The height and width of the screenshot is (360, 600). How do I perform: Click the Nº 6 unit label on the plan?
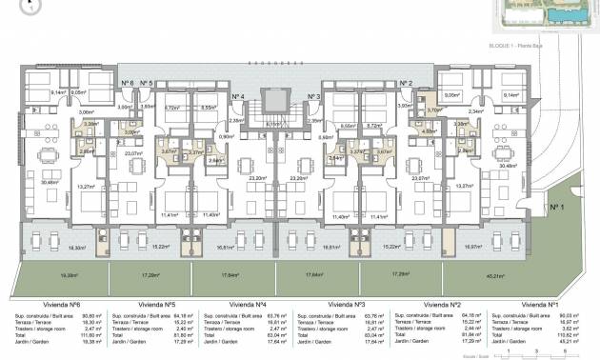coord(127,84)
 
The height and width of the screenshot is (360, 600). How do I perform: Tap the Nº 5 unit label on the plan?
coord(147,84)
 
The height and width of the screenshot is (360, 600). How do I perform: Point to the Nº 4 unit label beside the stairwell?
coord(238,97)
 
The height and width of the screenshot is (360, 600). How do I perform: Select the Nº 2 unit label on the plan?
coord(406,84)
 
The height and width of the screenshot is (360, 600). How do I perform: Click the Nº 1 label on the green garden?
coord(556,207)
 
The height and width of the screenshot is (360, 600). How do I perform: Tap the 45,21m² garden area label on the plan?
coord(522,275)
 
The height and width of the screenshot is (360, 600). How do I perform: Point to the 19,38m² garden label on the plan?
coord(69,275)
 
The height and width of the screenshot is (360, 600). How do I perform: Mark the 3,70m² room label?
coord(433,110)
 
